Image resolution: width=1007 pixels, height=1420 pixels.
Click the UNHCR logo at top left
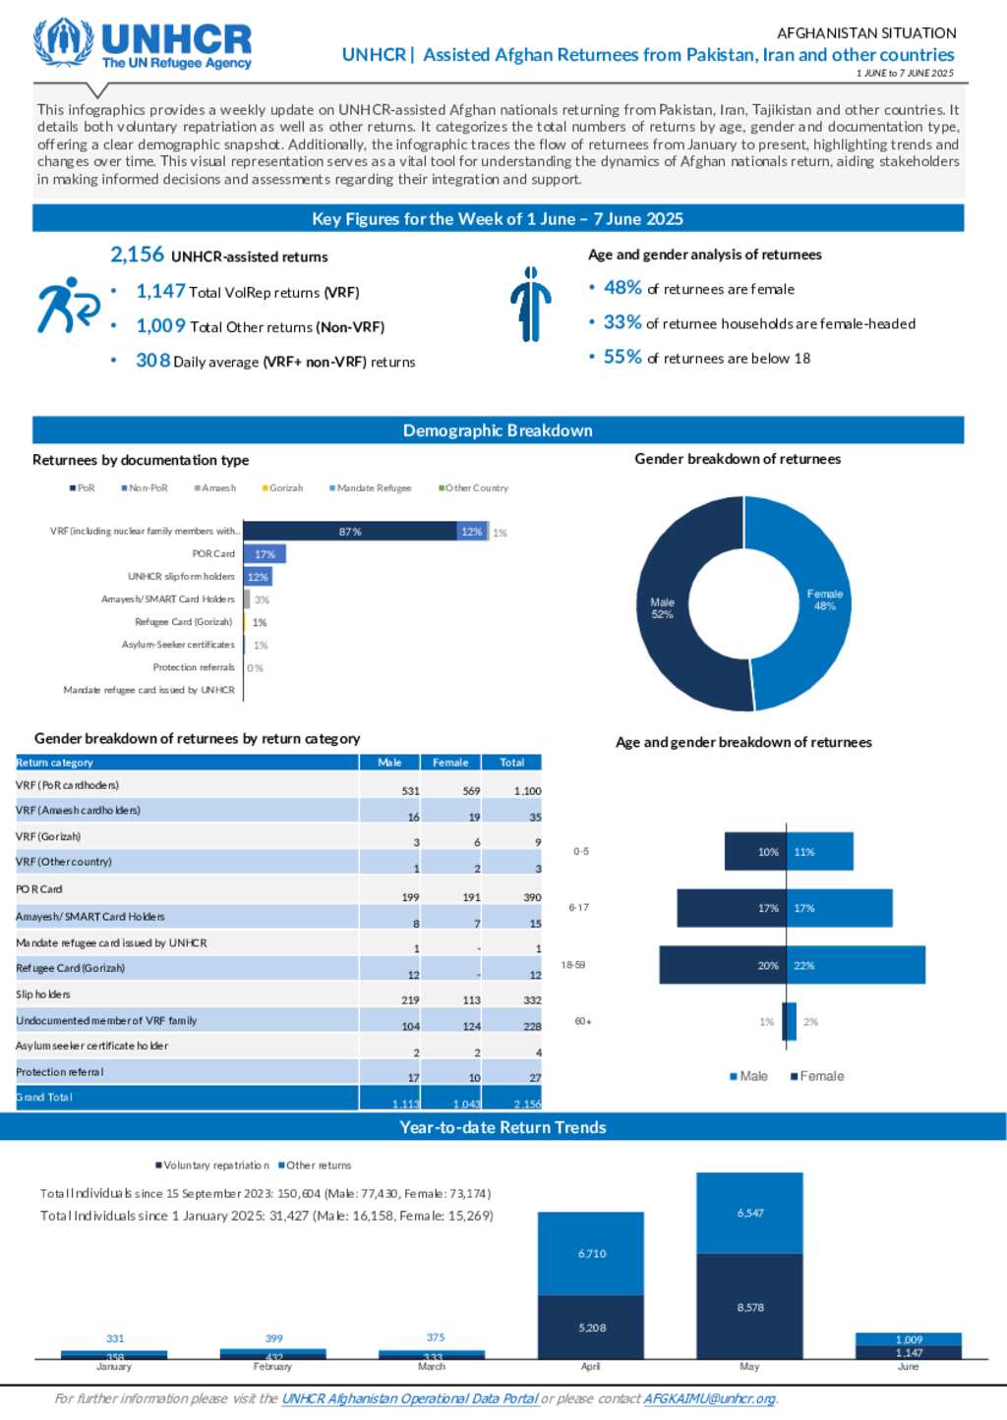(144, 43)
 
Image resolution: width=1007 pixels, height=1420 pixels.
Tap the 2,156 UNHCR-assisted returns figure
(218, 256)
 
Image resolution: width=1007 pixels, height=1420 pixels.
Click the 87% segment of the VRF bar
(350, 532)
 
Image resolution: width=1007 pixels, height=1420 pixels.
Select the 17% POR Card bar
(265, 554)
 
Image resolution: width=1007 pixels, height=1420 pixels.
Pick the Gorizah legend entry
(283, 488)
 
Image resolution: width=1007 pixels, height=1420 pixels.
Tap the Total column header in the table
(511, 763)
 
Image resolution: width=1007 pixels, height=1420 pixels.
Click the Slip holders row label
(43, 994)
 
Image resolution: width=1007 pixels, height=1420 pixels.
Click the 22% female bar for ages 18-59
(856, 965)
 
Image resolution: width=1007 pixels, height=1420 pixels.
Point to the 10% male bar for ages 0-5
(754, 852)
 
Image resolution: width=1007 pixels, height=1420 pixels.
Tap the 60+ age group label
(583, 1022)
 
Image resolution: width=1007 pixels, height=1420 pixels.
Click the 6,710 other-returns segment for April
(591, 1253)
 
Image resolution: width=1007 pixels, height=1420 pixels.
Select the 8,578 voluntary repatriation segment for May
(749, 1307)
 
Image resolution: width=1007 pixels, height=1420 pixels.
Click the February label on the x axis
(272, 1367)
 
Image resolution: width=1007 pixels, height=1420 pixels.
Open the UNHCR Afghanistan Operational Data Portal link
(410, 1398)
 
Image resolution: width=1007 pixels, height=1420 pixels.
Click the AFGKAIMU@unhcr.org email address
(709, 1398)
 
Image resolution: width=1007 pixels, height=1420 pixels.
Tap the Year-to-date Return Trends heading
(503, 1127)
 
